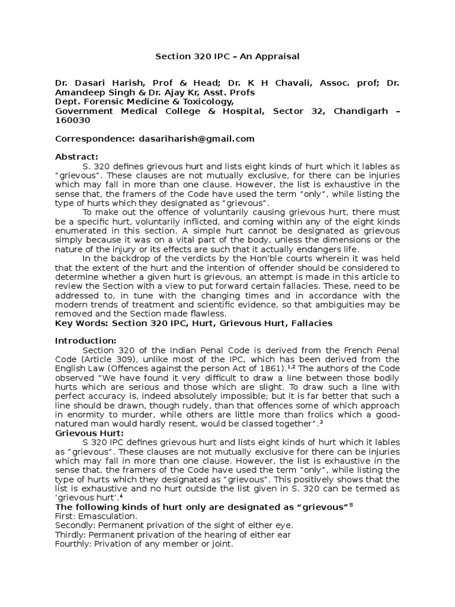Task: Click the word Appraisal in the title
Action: (x=278, y=57)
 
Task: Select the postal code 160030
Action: (x=72, y=120)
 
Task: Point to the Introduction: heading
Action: (x=86, y=340)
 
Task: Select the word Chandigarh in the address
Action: (x=360, y=111)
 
